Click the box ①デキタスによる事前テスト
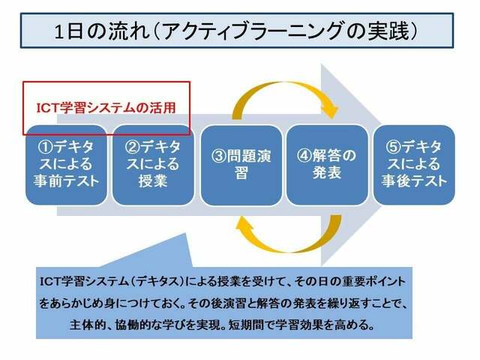[67, 165]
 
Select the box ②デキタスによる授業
[153, 165]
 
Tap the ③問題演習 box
[241, 165]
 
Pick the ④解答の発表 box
[327, 165]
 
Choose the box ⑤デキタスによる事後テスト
[414, 165]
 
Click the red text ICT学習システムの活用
[106, 108]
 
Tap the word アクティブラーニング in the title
[253, 31]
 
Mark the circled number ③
[219, 156]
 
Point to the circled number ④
[304, 155]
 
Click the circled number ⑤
[393, 147]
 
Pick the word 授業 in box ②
[153, 181]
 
